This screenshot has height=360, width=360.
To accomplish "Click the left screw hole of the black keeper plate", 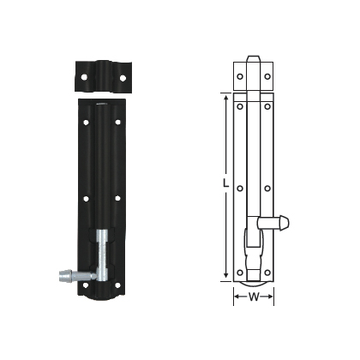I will coord(87,78).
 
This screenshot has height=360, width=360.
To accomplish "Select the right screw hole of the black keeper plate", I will coord(123,78).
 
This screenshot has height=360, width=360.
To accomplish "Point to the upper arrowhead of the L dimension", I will coord(228,97).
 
